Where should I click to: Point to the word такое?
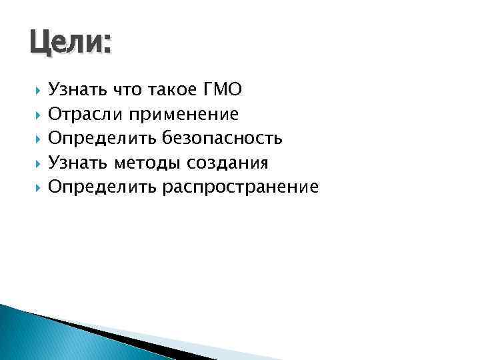point(174,89)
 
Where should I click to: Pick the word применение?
point(183,114)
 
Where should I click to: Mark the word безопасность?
point(222,138)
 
